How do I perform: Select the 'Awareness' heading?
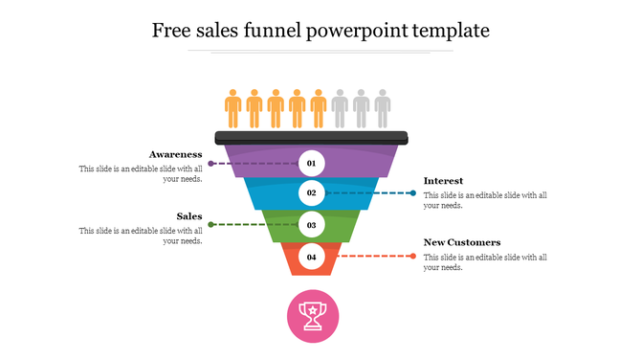click(175, 154)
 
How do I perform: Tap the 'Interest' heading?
click(444, 181)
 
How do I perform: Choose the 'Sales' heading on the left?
click(189, 216)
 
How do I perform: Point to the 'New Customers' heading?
click(462, 242)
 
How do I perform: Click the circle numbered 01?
click(311, 164)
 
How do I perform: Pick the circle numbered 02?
click(311, 193)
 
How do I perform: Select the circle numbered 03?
click(311, 225)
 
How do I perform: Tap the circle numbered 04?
click(311, 257)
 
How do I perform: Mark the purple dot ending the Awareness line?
click(210, 164)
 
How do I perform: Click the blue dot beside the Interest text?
click(412, 193)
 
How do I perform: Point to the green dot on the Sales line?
click(210, 225)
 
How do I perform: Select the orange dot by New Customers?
click(412, 256)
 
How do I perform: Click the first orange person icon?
click(232, 108)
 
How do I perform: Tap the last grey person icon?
click(382, 108)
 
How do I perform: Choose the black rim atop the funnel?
click(312, 137)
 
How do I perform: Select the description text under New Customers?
click(485, 262)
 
